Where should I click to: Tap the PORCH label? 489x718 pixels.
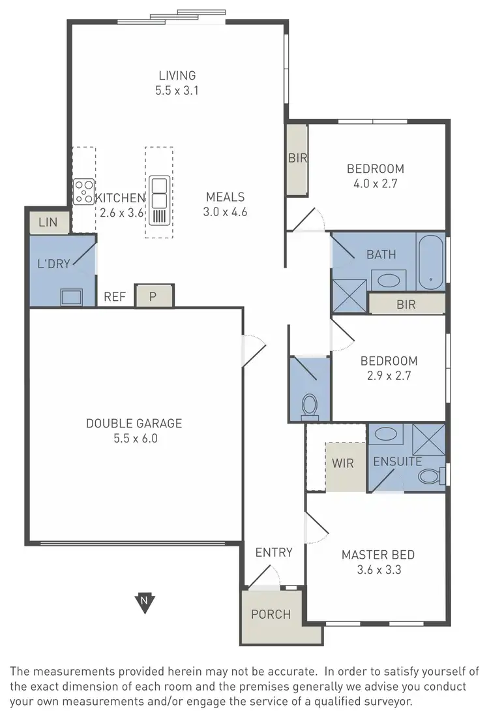[271, 614]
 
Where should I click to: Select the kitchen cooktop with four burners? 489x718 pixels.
[83, 191]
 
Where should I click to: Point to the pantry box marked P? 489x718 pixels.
[154, 296]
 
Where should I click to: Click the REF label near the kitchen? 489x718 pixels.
[115, 297]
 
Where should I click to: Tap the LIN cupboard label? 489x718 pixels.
[48, 223]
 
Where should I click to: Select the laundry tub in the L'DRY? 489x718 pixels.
[71, 297]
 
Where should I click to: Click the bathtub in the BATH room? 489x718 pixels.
[430, 262]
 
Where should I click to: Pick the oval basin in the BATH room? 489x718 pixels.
[389, 281]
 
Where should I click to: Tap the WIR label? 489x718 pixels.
[342, 463]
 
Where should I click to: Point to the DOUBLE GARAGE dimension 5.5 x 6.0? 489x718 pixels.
[134, 439]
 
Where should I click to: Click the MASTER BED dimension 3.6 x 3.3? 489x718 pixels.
[378, 570]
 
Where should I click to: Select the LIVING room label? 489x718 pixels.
[177, 76]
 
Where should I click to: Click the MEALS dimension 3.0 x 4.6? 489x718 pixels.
[225, 211]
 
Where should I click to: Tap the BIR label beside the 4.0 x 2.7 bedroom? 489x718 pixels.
[298, 158]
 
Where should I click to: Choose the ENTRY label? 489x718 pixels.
[274, 553]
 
